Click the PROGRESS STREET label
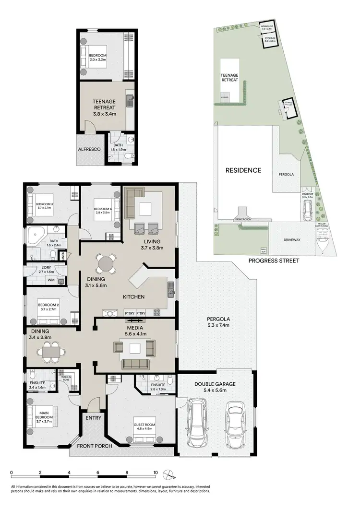(x=274, y=260)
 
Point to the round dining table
(x=105, y=263)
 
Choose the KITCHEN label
(x=133, y=297)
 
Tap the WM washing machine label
(x=50, y=280)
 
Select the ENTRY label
(x=94, y=418)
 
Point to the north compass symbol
(x=169, y=475)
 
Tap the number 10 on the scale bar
(x=155, y=472)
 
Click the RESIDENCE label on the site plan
(x=243, y=170)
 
